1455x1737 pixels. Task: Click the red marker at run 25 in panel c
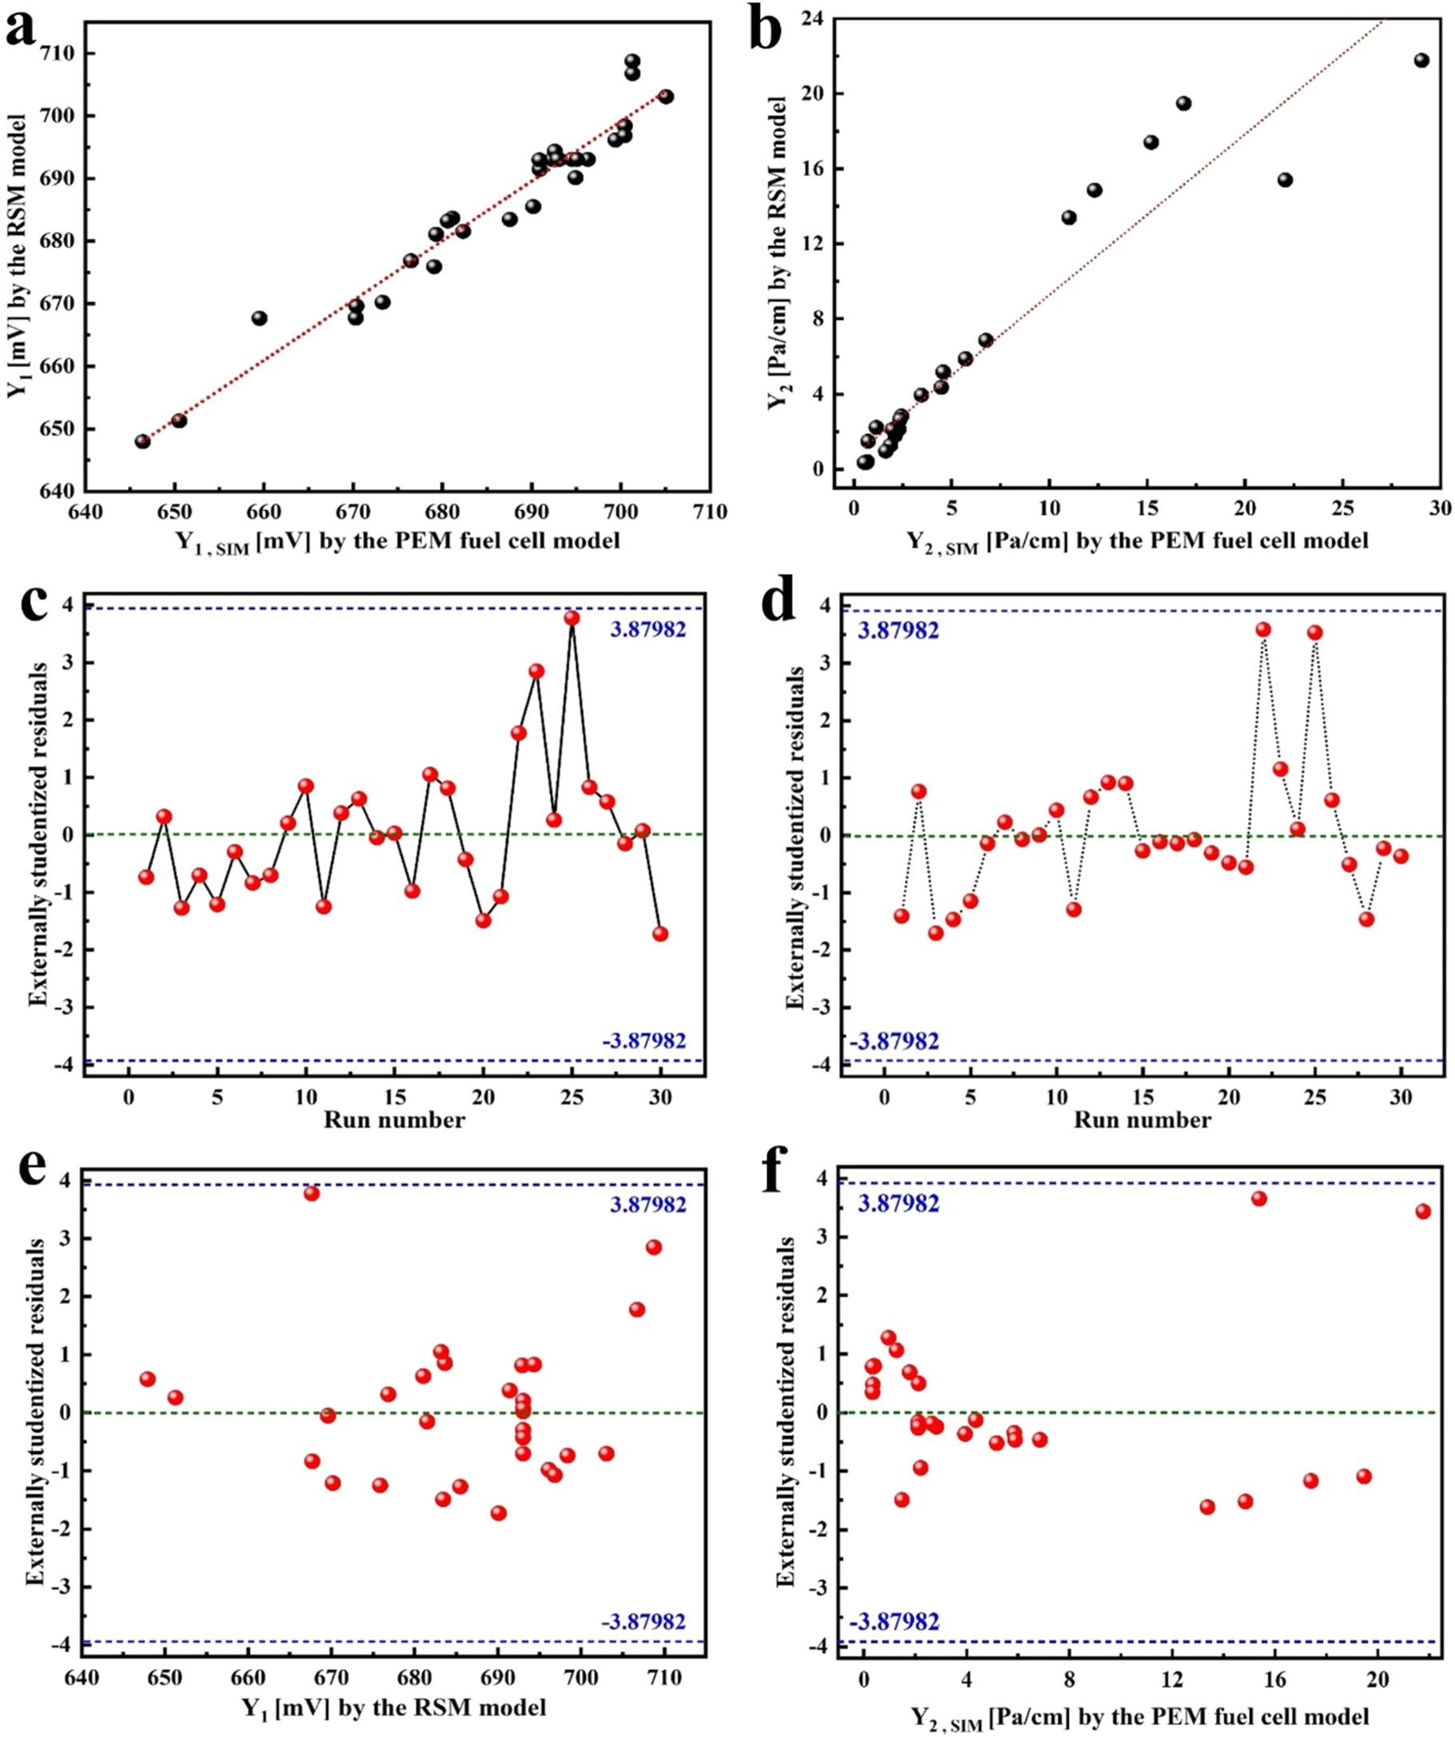click(572, 618)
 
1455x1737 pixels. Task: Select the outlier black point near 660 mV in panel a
click(259, 317)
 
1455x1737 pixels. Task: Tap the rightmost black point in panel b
click(1421, 61)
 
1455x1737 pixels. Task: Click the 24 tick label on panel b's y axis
click(815, 18)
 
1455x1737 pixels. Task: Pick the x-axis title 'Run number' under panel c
click(394, 1120)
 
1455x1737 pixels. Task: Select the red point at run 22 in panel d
click(1263, 629)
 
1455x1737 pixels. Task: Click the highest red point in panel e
click(312, 1193)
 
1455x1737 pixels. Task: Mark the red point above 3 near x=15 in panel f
click(1259, 1198)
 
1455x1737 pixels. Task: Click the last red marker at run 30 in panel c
click(660, 934)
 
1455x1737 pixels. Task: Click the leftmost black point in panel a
click(142, 441)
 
